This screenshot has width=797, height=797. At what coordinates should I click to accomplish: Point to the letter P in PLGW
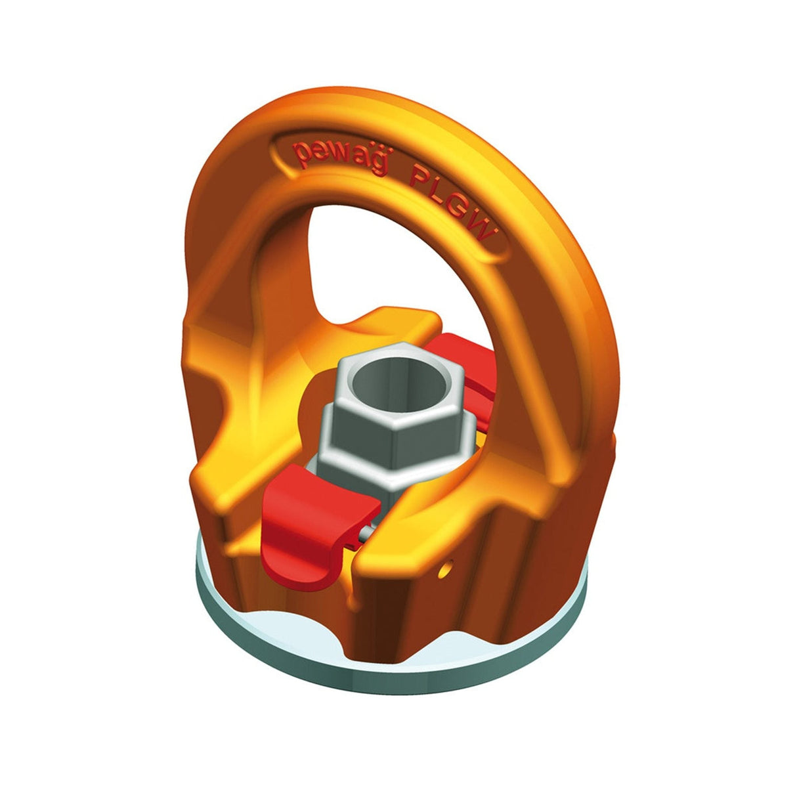(417, 179)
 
